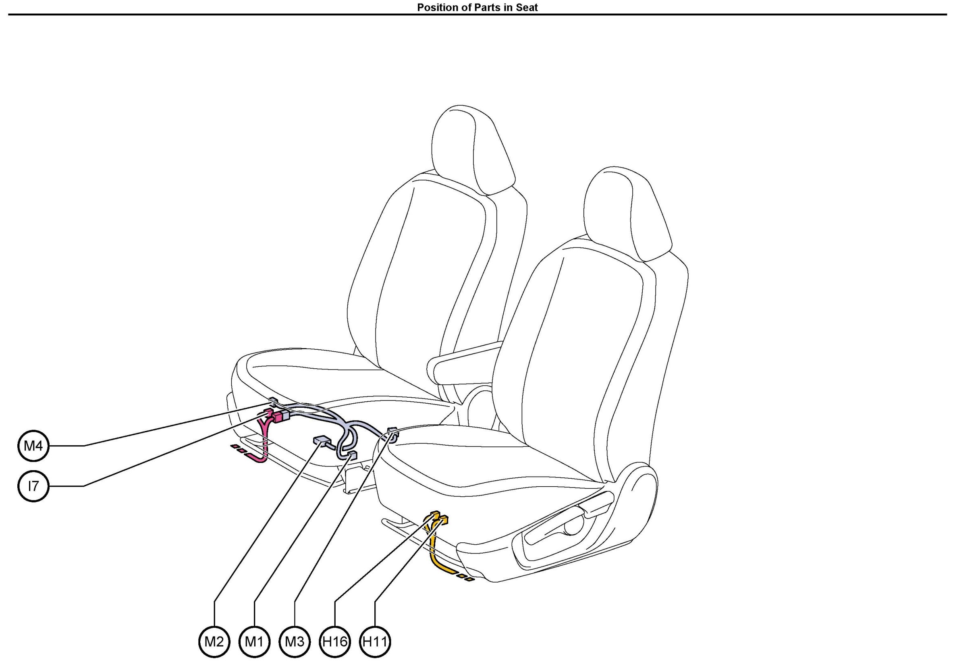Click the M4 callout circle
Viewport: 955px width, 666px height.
coord(33,446)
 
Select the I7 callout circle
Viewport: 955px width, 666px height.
coord(33,485)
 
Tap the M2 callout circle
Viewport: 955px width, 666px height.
coord(214,641)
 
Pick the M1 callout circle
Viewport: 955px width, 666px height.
coord(255,641)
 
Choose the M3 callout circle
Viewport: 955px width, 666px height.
coord(295,641)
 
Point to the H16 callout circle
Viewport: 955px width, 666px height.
coord(335,641)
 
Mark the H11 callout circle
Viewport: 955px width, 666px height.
coord(375,641)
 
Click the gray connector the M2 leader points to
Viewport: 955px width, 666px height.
coord(321,440)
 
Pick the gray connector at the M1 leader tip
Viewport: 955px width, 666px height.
coord(352,453)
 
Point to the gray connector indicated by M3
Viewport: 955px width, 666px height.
coord(391,432)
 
